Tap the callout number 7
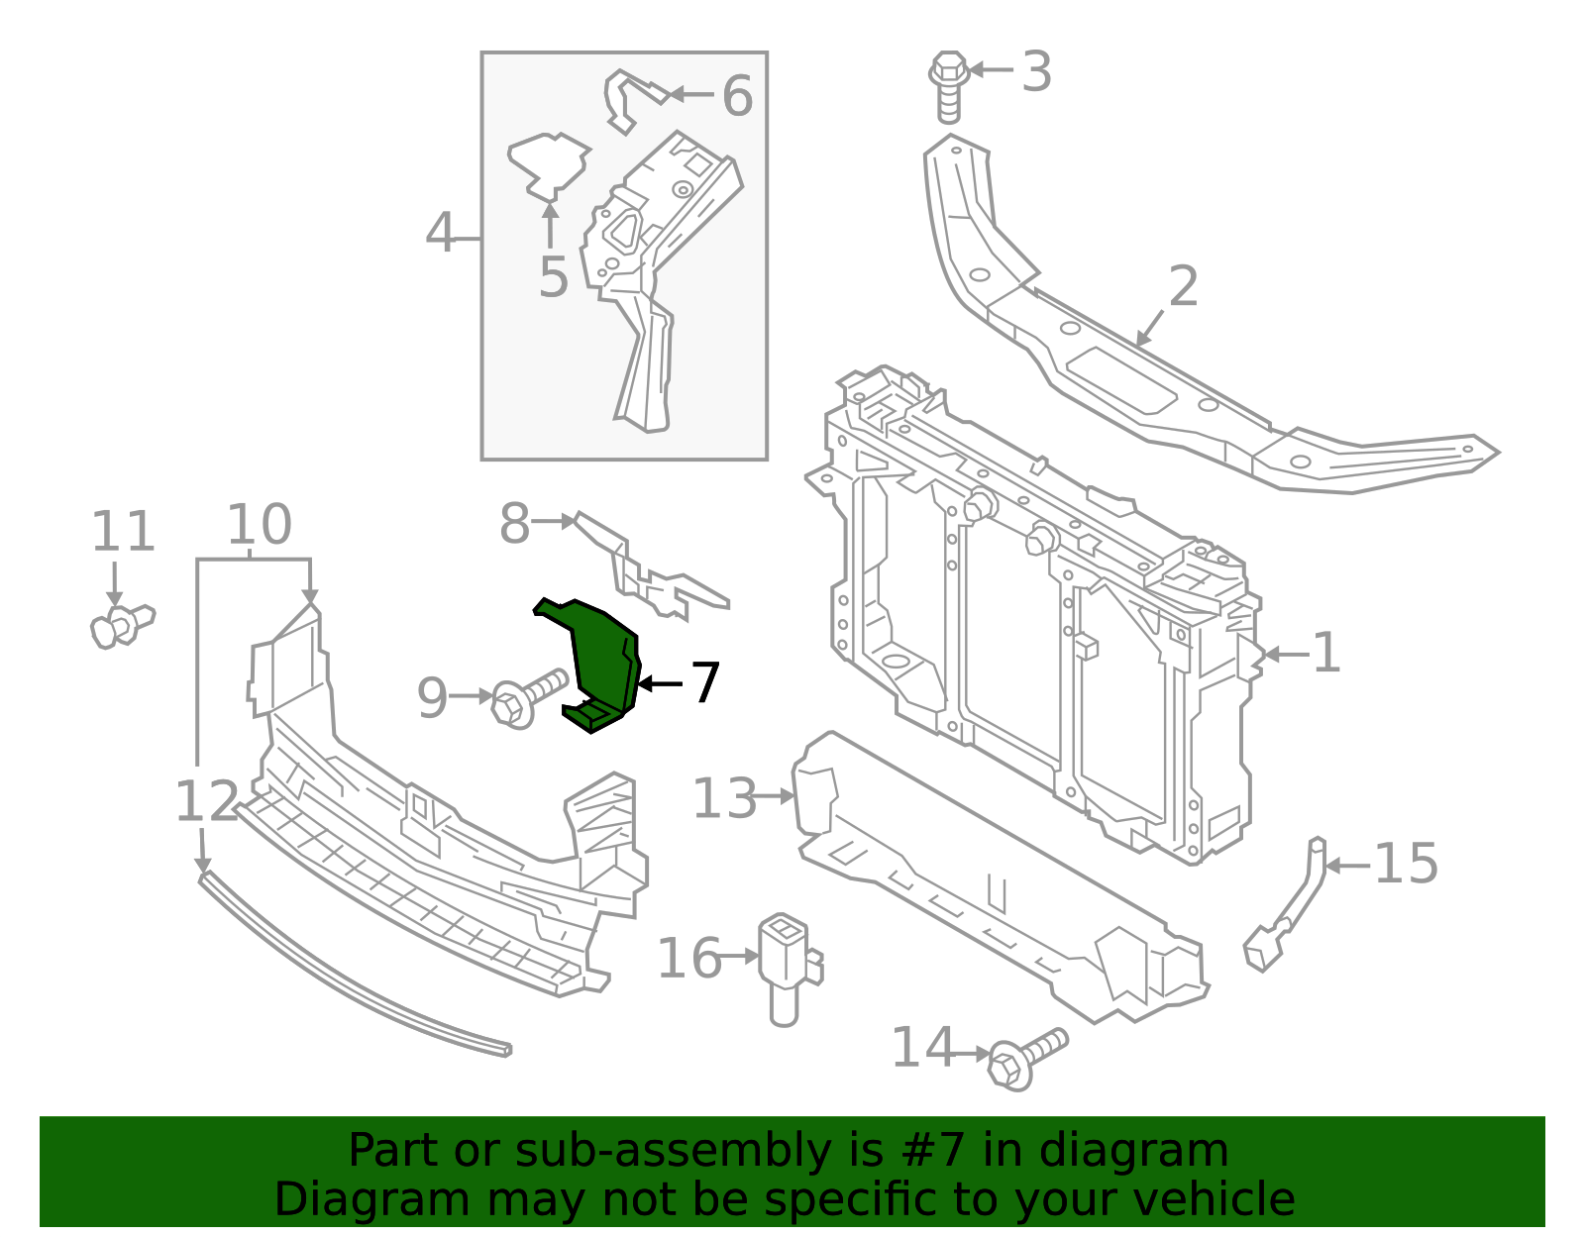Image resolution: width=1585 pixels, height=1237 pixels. point(704,683)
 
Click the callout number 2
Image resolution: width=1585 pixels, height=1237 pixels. point(1183,287)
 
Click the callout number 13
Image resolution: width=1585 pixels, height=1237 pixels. point(724,798)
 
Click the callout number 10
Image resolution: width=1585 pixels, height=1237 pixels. point(259,525)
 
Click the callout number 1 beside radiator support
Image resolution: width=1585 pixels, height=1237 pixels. point(1325,654)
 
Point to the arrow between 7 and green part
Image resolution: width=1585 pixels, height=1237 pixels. point(659,683)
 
